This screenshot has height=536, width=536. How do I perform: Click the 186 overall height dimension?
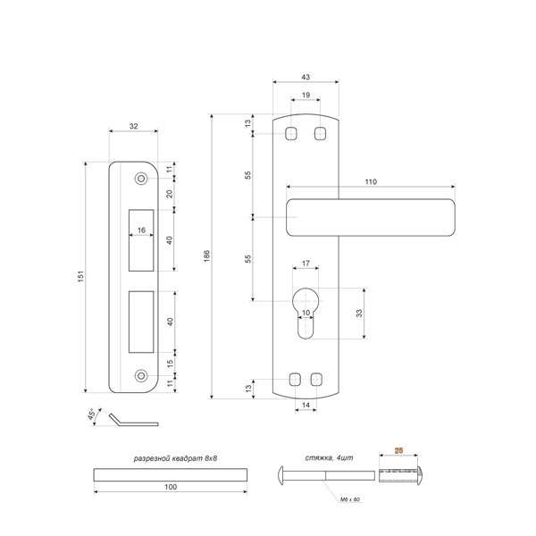207,255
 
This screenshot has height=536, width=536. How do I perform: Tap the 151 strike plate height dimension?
80,276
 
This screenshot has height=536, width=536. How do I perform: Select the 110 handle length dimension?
371,182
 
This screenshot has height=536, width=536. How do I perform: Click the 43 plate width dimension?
306,77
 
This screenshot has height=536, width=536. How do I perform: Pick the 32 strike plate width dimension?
134,126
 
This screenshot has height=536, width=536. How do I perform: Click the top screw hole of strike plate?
141,179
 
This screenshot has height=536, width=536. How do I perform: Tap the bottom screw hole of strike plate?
141,376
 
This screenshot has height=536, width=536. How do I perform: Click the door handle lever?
371,217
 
